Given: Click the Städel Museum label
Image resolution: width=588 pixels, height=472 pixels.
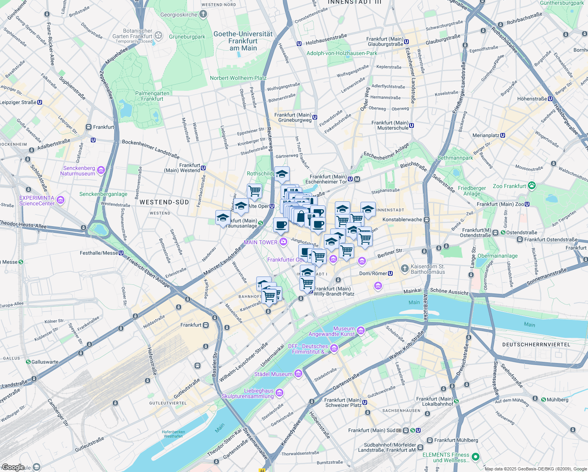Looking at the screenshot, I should coord(273,374).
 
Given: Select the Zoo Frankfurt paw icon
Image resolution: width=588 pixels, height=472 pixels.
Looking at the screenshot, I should coord(532,186).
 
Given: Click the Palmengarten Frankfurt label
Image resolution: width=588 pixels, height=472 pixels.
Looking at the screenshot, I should coord(152,96).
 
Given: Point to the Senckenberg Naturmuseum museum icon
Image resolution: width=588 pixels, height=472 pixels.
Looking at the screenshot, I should coord(101,170).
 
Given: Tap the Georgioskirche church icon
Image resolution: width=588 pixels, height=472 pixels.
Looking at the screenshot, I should coord(203,15).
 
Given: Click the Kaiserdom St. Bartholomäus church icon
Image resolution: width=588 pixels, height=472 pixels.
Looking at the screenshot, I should coord(404,269).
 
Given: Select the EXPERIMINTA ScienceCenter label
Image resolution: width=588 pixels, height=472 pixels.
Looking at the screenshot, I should coord(37,201).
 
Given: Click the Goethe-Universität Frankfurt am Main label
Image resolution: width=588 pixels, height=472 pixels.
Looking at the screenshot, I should coord(243,41).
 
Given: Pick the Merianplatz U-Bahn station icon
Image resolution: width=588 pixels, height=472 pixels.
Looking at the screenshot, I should coord(503,135).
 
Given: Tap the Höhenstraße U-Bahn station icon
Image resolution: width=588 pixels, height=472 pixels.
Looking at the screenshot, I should coord(550,99).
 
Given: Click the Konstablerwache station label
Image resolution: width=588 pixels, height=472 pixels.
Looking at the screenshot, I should coord(402,219).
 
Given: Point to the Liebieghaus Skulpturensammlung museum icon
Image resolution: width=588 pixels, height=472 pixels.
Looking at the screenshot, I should coord(279,393).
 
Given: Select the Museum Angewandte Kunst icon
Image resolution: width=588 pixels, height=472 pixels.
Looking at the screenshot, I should coord(361,331).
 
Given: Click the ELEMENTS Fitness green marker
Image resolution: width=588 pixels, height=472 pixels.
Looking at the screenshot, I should coord(476,457).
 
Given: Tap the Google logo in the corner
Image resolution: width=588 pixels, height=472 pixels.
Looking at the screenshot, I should coord(13,467).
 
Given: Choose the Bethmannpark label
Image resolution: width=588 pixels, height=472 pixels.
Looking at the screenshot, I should coord(455,158).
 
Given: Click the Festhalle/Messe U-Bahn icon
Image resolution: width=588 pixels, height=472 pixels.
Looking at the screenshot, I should coord(121,253).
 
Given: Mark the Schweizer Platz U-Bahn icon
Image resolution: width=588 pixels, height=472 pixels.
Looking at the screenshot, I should coord(365,402).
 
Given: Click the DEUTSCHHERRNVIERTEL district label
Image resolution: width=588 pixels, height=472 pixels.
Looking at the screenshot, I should coord(536,345).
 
